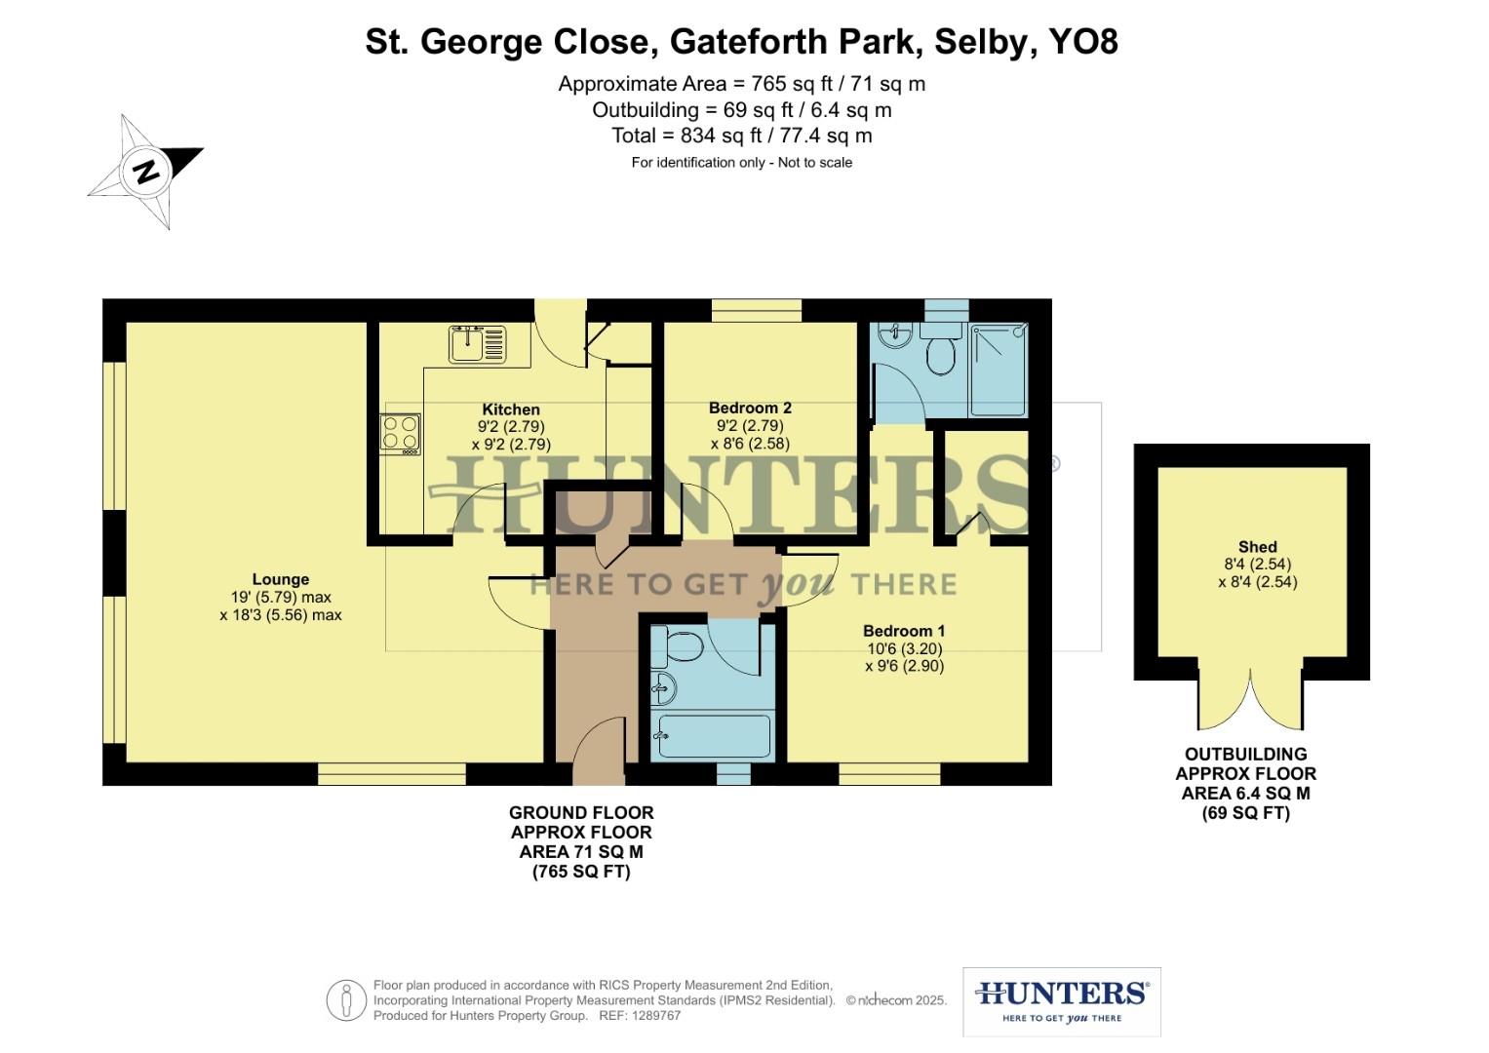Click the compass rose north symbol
[x=146, y=172]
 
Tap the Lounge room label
[x=280, y=579]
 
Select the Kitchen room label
[x=511, y=409]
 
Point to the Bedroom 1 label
[x=904, y=631]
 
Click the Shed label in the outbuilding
[x=1257, y=547]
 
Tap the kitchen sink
[x=477, y=343]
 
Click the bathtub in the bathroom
[x=714, y=736]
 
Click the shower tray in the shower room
[x=999, y=370]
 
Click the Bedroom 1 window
[x=889, y=774]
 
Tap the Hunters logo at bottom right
[x=1061, y=1001]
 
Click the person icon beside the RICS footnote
[x=346, y=1000]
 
